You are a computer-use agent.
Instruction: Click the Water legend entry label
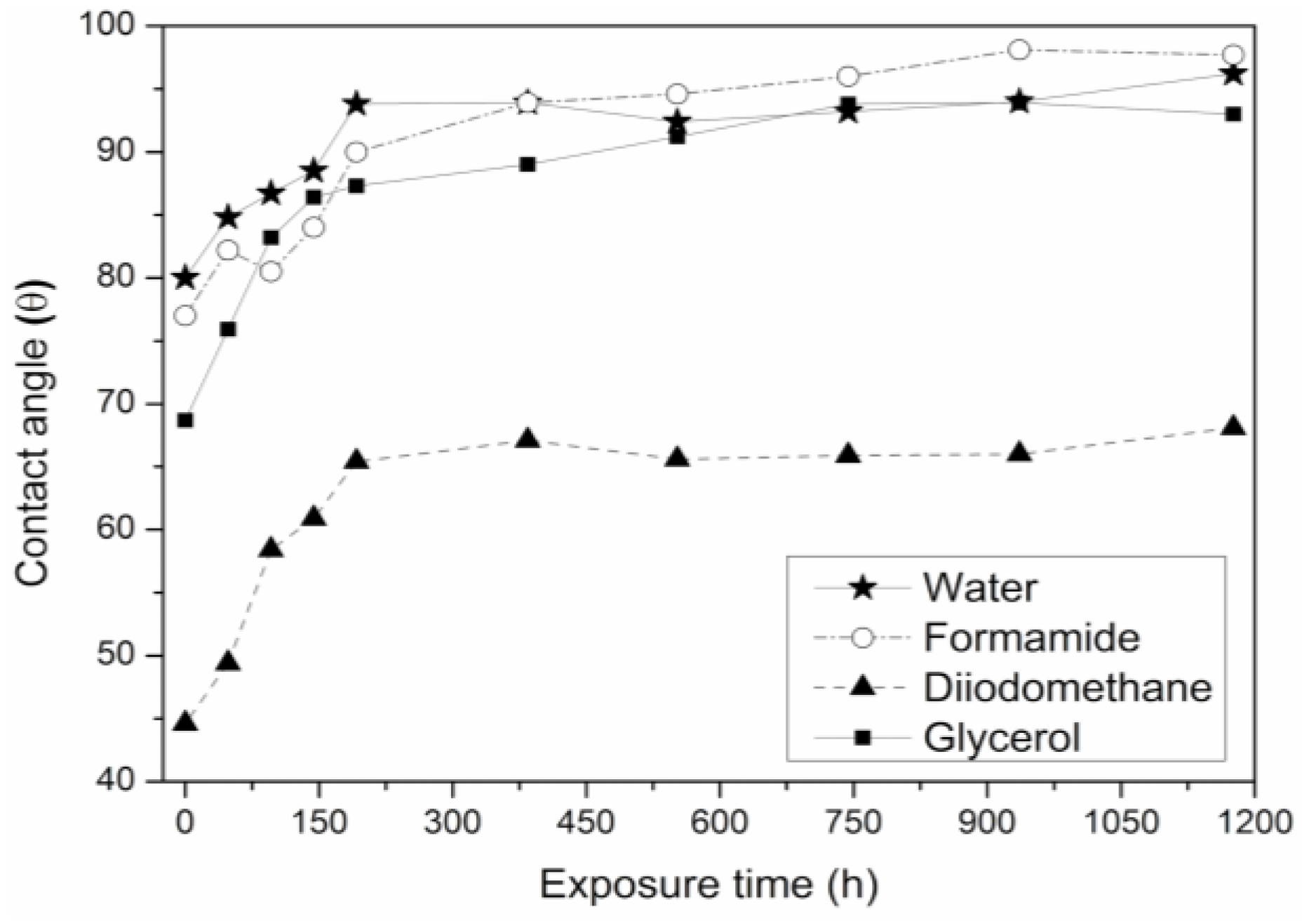(x=979, y=588)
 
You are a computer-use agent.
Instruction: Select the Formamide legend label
(x=1031, y=637)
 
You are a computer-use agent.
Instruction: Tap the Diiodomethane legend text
(x=1068, y=687)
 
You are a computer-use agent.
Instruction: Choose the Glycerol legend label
(x=1002, y=738)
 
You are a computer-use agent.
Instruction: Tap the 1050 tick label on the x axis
(x=1120, y=822)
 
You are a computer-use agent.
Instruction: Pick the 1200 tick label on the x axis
(x=1254, y=822)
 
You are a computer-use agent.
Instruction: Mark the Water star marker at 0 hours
(x=185, y=278)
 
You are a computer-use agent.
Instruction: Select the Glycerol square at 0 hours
(x=185, y=420)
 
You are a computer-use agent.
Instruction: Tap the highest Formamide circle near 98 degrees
(x=1019, y=50)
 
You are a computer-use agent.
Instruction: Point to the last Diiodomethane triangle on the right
(x=1233, y=427)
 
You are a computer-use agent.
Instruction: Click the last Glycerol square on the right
(x=1233, y=114)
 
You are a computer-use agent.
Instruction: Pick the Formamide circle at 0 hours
(x=185, y=315)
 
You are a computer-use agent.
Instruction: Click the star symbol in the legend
(x=862, y=588)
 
